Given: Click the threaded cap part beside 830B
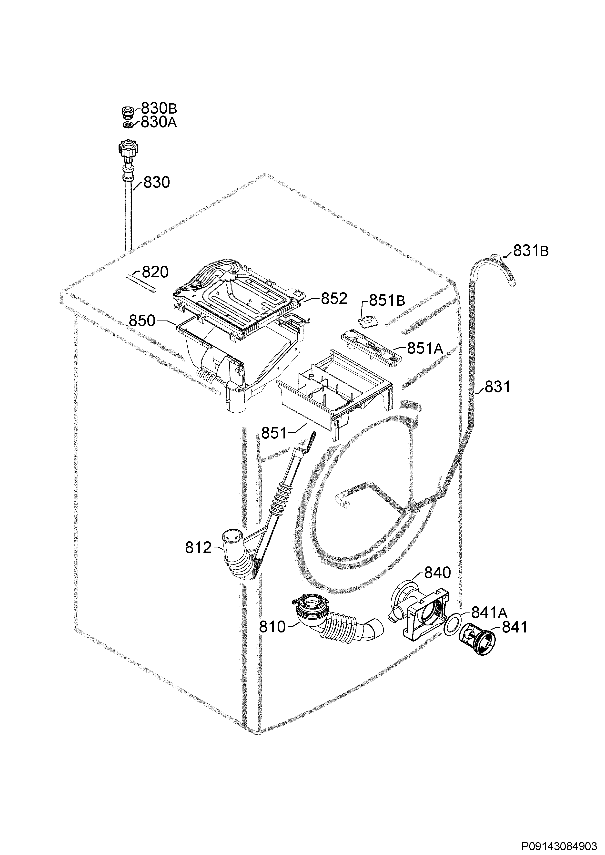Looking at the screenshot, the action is click(x=128, y=111).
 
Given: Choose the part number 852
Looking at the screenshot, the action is click(x=334, y=298).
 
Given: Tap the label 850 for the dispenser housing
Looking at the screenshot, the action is click(x=142, y=321).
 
